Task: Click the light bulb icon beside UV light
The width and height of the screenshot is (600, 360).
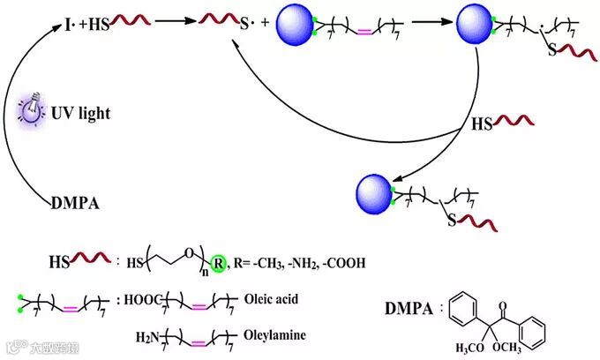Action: pyautogui.click(x=34, y=109)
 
